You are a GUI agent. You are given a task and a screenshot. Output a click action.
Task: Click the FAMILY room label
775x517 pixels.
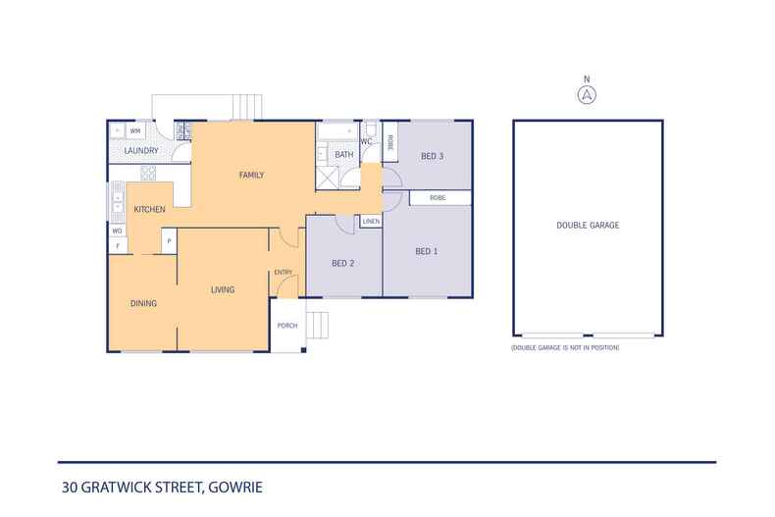252,176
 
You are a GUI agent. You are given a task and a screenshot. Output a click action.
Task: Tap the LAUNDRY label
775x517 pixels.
141,151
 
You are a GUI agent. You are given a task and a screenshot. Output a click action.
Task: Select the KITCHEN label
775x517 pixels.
149,210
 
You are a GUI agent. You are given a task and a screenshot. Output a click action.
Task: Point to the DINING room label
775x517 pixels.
143,303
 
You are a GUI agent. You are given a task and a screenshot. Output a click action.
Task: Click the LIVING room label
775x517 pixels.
223,289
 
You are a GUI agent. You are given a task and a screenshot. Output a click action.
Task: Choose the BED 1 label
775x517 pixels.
427,252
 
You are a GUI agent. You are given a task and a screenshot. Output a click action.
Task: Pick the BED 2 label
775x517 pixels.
342,263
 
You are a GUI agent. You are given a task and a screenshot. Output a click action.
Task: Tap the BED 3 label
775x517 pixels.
433,156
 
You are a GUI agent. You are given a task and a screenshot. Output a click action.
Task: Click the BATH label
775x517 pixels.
344,155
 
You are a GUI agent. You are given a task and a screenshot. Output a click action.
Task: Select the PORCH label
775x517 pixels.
287,326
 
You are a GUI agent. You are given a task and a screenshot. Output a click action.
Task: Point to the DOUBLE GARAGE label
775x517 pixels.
588,226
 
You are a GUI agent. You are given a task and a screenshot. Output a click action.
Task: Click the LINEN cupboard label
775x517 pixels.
371,222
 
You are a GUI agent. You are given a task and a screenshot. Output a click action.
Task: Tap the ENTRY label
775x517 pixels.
284,273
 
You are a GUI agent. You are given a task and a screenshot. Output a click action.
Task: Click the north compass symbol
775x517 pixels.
587,94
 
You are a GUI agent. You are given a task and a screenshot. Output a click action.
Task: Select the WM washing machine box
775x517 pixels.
135,130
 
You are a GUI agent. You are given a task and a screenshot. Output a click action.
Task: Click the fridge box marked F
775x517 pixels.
118,245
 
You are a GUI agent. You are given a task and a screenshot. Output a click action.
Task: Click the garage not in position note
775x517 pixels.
565,348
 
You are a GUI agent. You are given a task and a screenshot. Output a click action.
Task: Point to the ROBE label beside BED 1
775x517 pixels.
438,198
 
